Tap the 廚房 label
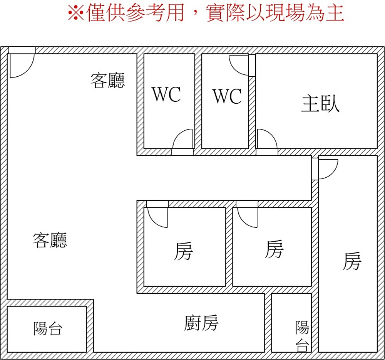201,323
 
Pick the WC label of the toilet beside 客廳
166,94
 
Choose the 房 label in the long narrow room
352,261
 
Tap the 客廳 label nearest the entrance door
108,81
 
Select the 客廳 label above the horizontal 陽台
50,240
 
